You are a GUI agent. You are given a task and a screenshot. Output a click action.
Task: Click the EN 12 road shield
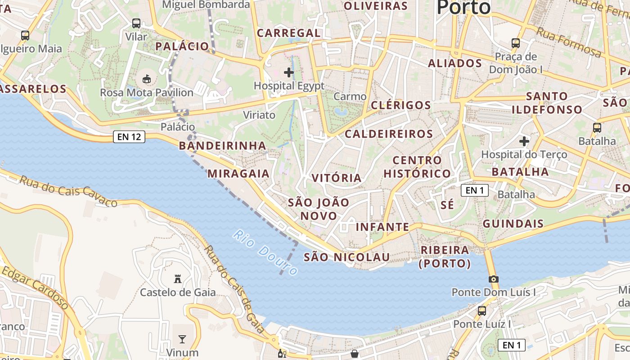click(x=130, y=137)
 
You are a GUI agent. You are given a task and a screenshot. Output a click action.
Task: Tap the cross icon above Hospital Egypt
click(x=289, y=72)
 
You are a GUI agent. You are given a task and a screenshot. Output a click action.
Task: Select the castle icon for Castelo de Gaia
click(x=178, y=279)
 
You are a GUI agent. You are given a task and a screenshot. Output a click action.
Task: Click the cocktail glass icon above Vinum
click(x=182, y=339)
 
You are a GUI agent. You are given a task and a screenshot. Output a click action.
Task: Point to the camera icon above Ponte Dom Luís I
click(x=494, y=279)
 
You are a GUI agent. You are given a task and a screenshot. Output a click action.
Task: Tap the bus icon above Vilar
click(x=136, y=23)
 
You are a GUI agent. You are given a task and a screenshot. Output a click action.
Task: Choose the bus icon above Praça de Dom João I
click(x=516, y=43)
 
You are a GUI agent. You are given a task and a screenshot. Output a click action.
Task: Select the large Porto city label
click(x=463, y=7)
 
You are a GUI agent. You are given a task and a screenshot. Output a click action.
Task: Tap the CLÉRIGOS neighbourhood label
click(x=401, y=105)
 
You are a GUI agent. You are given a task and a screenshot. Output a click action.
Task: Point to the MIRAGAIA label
click(x=238, y=174)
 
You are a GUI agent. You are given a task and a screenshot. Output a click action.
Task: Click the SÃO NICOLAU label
click(x=346, y=257)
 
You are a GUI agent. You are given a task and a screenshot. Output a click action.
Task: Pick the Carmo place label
click(x=350, y=96)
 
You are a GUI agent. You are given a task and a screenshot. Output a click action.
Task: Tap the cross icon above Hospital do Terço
click(x=524, y=141)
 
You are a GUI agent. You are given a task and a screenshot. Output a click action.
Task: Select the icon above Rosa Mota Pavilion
click(x=147, y=79)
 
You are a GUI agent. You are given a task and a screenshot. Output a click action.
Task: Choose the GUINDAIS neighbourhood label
click(x=513, y=224)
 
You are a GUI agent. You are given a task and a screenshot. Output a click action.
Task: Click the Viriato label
click(x=259, y=115)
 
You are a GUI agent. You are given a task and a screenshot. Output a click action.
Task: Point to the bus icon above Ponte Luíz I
click(x=482, y=310)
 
